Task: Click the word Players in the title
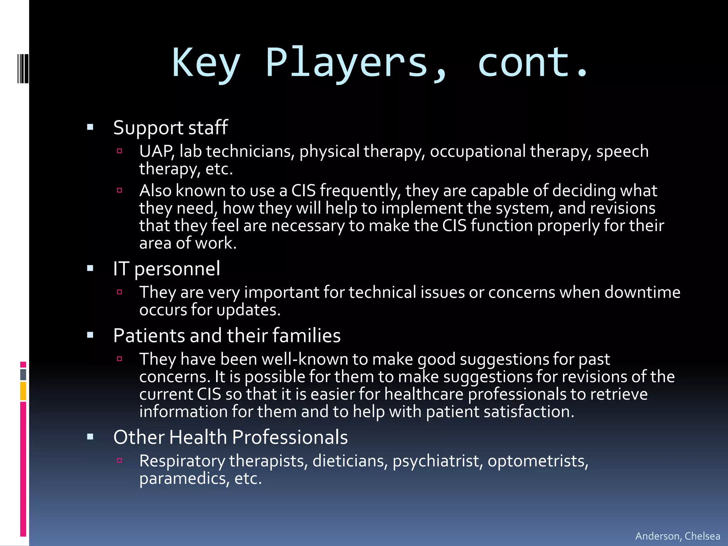pos(347,63)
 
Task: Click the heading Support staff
pos(170,128)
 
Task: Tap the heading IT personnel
pos(166,269)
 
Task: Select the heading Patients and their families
pos(227,336)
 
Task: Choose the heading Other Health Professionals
pos(230,437)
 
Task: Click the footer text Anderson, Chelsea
pos(678,536)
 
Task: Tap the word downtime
pos(642,293)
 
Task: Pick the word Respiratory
pos(182,461)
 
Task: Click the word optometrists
pos(538,461)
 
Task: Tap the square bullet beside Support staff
pos(90,127)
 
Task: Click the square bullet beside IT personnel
pos(90,268)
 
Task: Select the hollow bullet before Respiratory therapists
pos(119,461)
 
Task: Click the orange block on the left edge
pos(23,391)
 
